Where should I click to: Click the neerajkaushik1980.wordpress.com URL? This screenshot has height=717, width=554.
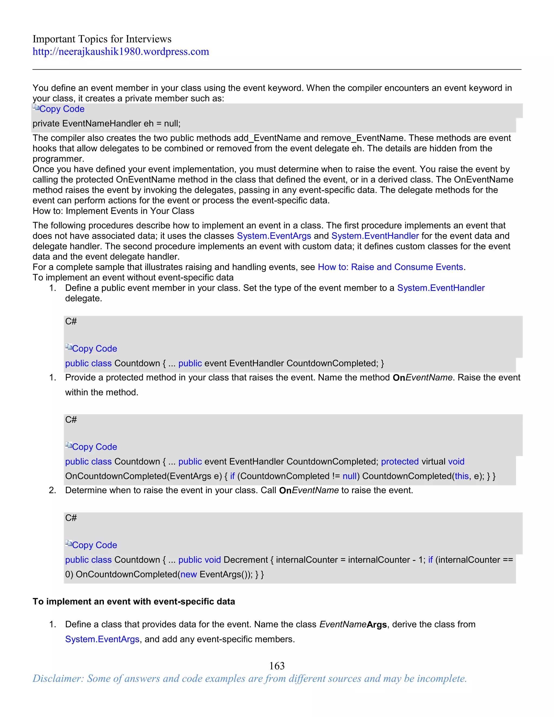[x=120, y=51]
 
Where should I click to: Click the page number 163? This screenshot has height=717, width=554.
[x=277, y=666]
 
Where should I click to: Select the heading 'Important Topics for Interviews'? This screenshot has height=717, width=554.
[x=102, y=39]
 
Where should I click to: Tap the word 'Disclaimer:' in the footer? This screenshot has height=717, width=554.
[x=58, y=679]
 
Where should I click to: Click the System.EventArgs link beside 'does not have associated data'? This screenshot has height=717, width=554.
[x=274, y=236]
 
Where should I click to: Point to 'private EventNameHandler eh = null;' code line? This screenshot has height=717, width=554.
[x=106, y=123]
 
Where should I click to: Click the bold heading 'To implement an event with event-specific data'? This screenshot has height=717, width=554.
[x=134, y=601]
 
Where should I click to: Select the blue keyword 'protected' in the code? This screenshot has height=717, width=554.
[x=400, y=461]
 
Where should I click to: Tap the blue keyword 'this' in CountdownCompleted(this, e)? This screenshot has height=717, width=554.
[x=461, y=476]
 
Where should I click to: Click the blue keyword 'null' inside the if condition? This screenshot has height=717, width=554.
[x=349, y=476]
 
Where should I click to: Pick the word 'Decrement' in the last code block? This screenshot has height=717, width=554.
[x=246, y=560]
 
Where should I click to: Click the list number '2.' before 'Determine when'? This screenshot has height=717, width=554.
[x=52, y=490]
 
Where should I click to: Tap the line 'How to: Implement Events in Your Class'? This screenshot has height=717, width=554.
[x=113, y=211]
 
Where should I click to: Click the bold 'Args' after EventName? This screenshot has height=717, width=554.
[x=377, y=624]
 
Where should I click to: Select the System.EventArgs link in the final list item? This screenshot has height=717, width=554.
[x=102, y=639]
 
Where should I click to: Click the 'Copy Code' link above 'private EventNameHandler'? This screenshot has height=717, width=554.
[x=62, y=109]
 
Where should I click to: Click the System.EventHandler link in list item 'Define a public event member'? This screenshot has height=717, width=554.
[x=440, y=288]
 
